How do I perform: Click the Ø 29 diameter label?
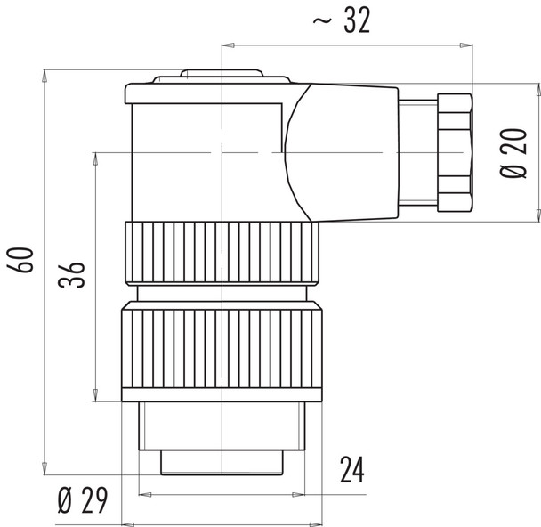click(x=82, y=501)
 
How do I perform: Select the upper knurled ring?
click(x=220, y=253)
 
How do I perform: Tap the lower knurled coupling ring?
click(x=220, y=351)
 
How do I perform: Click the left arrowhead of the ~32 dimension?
click(x=227, y=43)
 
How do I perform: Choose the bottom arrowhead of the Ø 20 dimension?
click(x=537, y=215)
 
